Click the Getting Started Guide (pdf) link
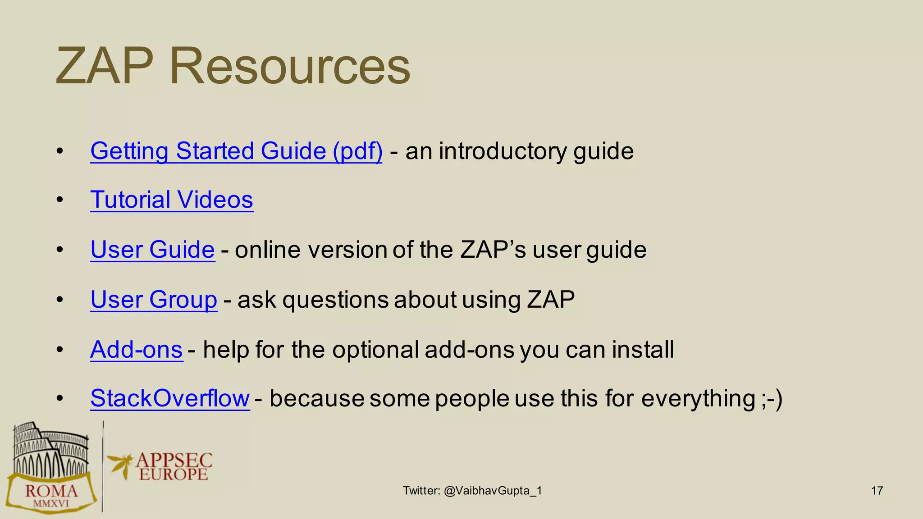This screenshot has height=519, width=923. [x=236, y=151]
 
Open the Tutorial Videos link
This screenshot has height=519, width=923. [x=172, y=200]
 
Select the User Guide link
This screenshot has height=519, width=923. [x=152, y=250]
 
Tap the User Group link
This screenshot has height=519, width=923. [x=154, y=300]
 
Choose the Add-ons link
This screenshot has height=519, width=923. [x=136, y=350]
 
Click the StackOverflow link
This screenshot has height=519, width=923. [x=170, y=399]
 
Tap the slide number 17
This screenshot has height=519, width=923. [x=877, y=491]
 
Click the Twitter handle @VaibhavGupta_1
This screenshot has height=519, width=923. [x=493, y=491]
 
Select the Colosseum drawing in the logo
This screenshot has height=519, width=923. [x=50, y=451]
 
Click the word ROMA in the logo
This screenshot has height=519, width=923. [x=51, y=491]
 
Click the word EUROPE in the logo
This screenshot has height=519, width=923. [x=173, y=474]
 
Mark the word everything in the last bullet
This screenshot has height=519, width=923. [x=698, y=399]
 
